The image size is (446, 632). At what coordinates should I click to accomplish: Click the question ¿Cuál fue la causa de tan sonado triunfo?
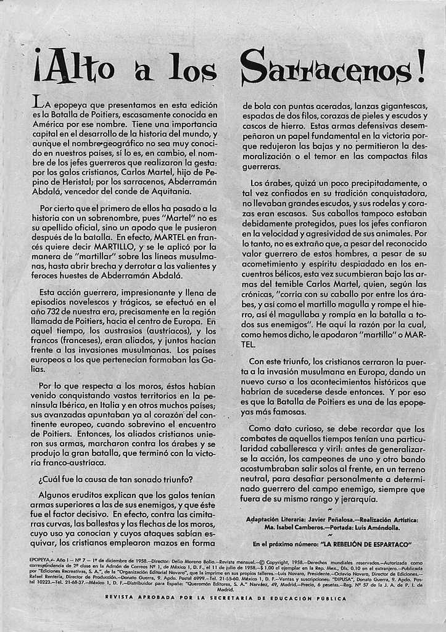115,479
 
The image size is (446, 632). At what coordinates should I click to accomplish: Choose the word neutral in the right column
256,478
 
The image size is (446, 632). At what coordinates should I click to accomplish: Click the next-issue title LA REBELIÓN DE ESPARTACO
366,544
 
